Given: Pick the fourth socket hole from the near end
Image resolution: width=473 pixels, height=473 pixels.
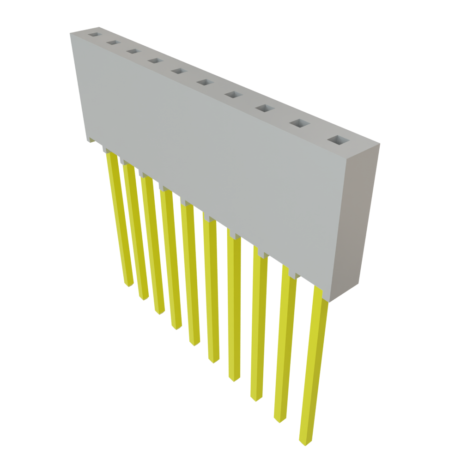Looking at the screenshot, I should click(x=233, y=95).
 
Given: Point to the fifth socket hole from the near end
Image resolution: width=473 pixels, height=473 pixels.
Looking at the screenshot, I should click(x=204, y=82).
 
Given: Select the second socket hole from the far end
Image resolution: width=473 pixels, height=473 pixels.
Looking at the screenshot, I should click(x=112, y=42).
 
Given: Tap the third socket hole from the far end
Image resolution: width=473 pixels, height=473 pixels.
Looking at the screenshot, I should click(x=132, y=51).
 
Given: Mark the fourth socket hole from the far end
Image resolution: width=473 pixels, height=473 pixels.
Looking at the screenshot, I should click(x=154, y=61).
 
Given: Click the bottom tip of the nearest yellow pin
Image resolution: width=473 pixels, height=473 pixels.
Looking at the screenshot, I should click(x=304, y=442).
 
